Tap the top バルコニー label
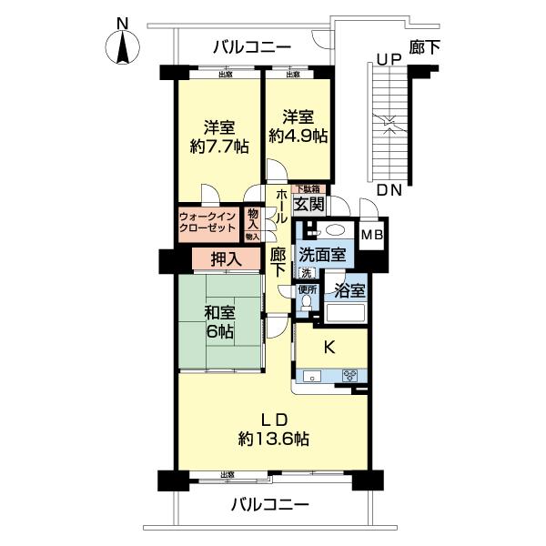(x=251, y=46)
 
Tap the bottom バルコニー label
(x=269, y=503)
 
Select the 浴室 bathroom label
(x=349, y=292)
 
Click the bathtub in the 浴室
(x=345, y=315)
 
